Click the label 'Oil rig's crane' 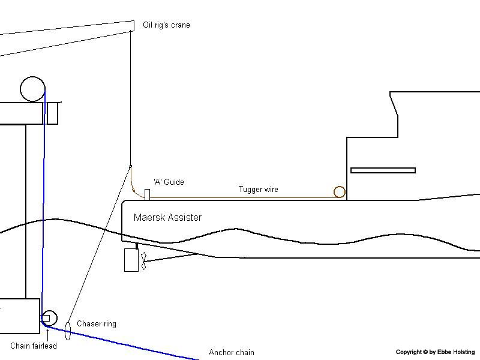tap(166, 25)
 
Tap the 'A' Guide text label tap(169, 182)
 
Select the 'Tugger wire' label tap(259, 189)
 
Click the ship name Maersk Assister tap(167, 217)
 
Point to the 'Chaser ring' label tap(97, 324)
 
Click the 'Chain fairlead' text tap(34, 346)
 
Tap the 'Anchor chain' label tap(232, 352)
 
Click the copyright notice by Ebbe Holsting tap(436, 352)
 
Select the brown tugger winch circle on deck tap(340, 192)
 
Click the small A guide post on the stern tap(147, 194)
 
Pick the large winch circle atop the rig tap(32, 89)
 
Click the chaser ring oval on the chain tap(68, 331)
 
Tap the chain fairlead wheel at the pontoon tap(49, 318)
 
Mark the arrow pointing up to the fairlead tap(48, 335)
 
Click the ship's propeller tap(143, 261)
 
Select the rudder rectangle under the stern tap(131, 260)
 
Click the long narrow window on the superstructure tap(383, 170)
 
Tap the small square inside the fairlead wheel tap(46, 319)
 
